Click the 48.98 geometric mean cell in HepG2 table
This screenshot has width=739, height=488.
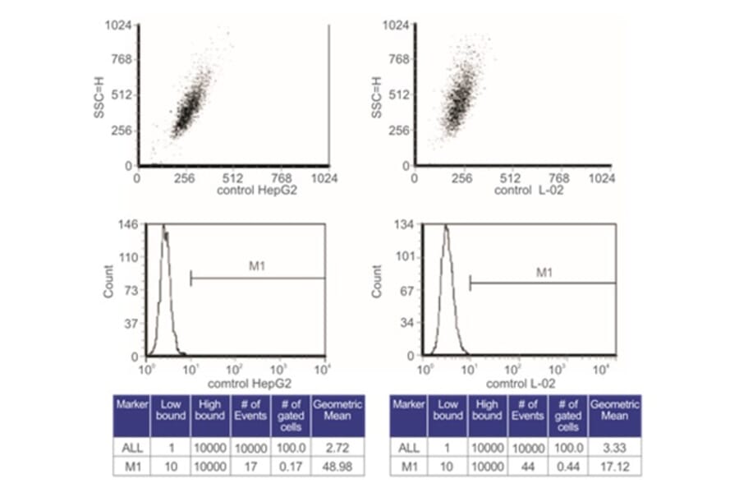coord(333,466)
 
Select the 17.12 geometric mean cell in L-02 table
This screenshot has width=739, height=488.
coord(614,466)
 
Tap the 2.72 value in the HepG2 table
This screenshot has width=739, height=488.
coord(333,447)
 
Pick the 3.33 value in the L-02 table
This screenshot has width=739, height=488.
coord(614,447)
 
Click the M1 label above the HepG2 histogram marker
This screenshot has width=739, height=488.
coord(259,266)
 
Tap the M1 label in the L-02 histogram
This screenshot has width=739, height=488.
coord(544,271)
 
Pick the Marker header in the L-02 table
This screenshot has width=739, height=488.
coord(409,405)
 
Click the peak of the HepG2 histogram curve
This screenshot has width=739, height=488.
coord(163,227)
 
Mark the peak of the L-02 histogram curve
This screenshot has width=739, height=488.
coord(444,228)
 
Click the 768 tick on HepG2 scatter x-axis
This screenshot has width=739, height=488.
coord(280,177)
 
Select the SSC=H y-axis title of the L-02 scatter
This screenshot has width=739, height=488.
coord(377,96)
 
